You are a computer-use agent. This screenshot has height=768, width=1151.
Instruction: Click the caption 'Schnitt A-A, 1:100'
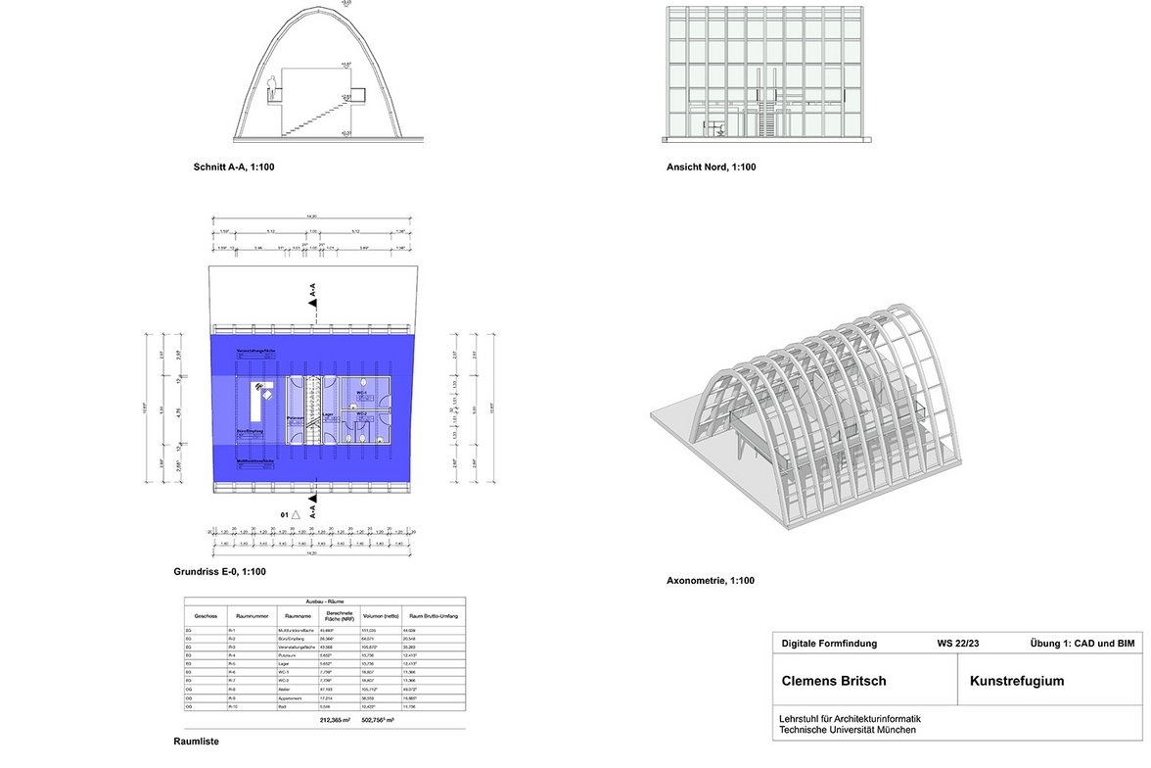234,168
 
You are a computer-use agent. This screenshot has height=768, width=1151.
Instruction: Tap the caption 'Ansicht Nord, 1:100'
712,168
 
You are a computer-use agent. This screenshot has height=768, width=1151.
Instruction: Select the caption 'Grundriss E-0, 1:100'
219,572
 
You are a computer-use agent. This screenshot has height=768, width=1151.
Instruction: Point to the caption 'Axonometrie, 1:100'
711,581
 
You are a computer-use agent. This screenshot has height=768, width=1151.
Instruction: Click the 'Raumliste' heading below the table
197,742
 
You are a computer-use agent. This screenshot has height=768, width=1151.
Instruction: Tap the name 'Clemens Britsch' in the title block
834,680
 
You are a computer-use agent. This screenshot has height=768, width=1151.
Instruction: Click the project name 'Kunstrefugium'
1018,680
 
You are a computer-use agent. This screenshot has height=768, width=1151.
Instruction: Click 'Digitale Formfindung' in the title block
830,644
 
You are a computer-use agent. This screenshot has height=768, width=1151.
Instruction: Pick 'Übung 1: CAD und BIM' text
1082,644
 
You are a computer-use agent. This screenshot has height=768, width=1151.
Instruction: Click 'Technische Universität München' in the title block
848,730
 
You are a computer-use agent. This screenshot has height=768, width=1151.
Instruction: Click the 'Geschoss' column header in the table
206,615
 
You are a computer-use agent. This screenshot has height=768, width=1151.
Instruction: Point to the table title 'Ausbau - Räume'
326,600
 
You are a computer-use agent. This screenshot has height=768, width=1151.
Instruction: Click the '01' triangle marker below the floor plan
294,512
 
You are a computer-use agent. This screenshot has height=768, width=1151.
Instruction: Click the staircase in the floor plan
313,411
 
